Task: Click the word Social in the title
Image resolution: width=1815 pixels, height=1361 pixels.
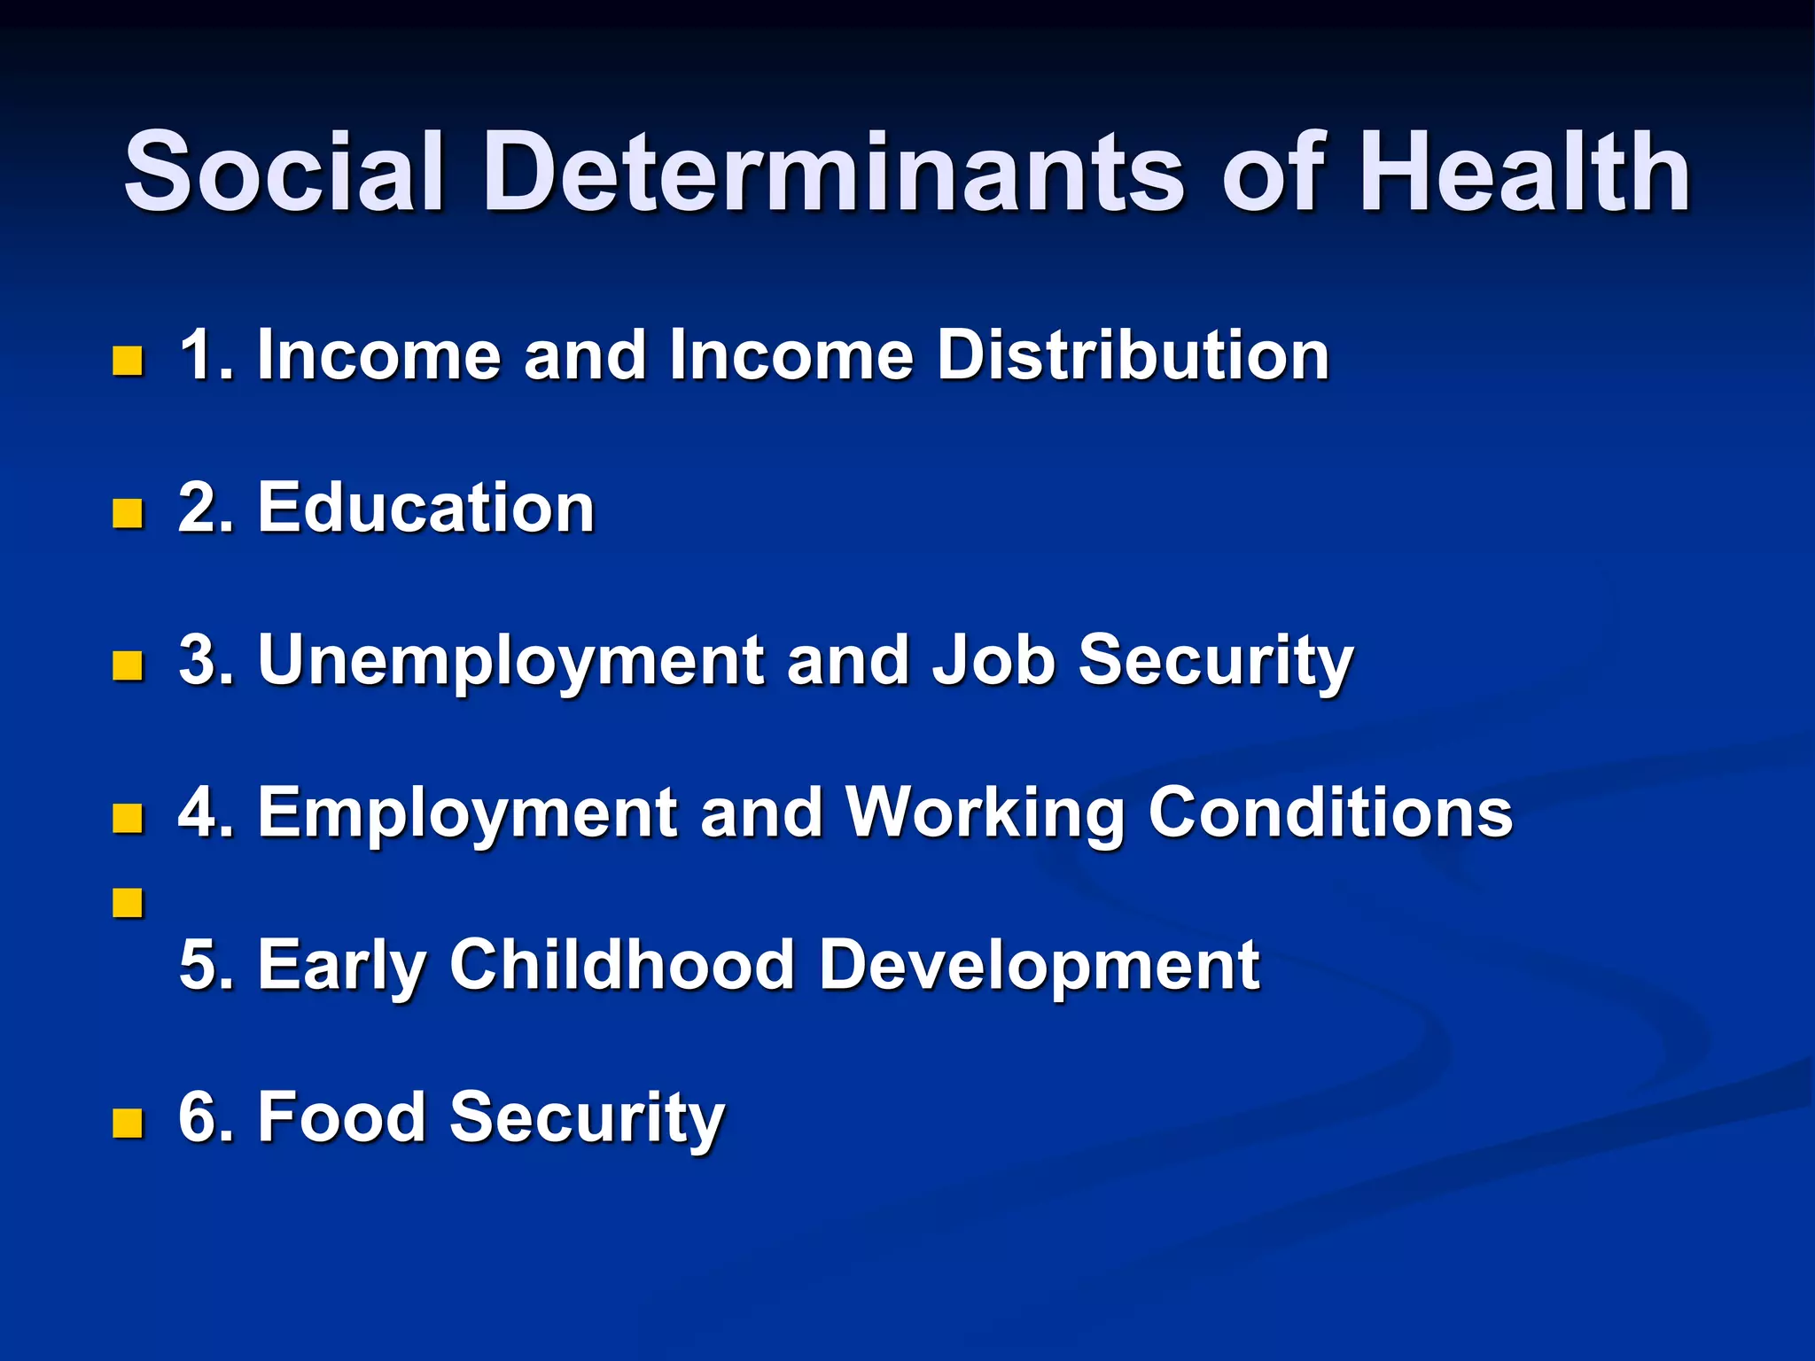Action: click(x=284, y=172)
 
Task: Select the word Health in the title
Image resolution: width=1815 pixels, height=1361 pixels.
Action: click(x=1524, y=172)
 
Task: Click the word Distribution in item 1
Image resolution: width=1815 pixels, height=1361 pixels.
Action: click(x=1133, y=355)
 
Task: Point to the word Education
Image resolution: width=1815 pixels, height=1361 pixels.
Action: click(x=425, y=509)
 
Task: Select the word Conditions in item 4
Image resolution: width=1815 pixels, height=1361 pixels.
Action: click(x=1330, y=813)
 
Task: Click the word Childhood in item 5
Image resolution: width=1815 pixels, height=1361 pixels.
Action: click(x=621, y=965)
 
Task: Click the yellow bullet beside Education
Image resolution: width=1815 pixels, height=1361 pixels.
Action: click(x=129, y=513)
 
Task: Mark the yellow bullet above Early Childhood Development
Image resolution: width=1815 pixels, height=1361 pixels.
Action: click(x=129, y=904)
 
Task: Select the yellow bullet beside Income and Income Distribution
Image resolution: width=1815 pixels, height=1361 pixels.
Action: click(x=129, y=361)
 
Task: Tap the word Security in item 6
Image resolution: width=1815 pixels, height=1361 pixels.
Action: click(x=587, y=1117)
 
